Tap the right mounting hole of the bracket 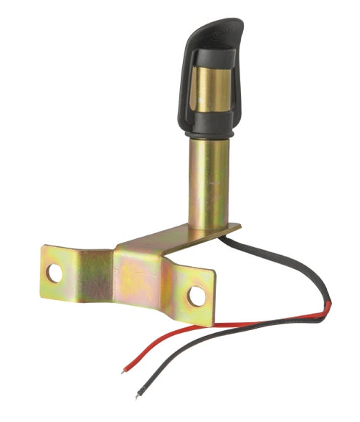(x=196, y=296)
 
